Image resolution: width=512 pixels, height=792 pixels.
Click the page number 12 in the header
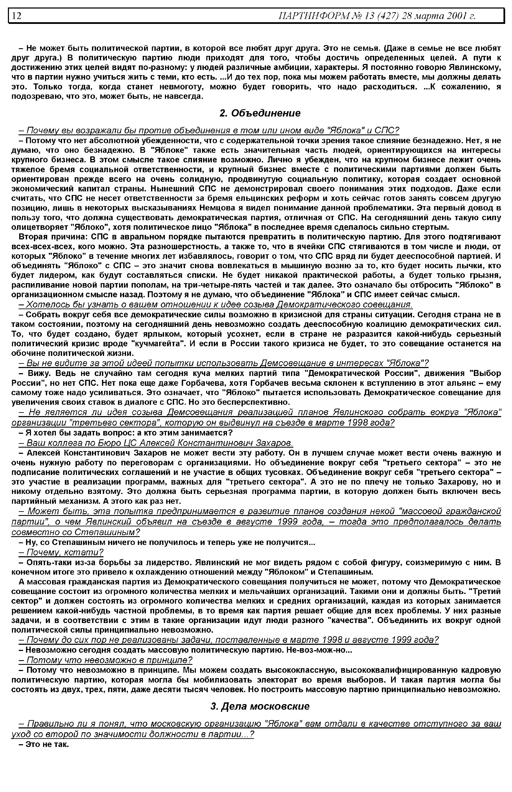coord(17,16)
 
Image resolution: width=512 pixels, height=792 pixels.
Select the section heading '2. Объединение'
coord(260,113)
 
